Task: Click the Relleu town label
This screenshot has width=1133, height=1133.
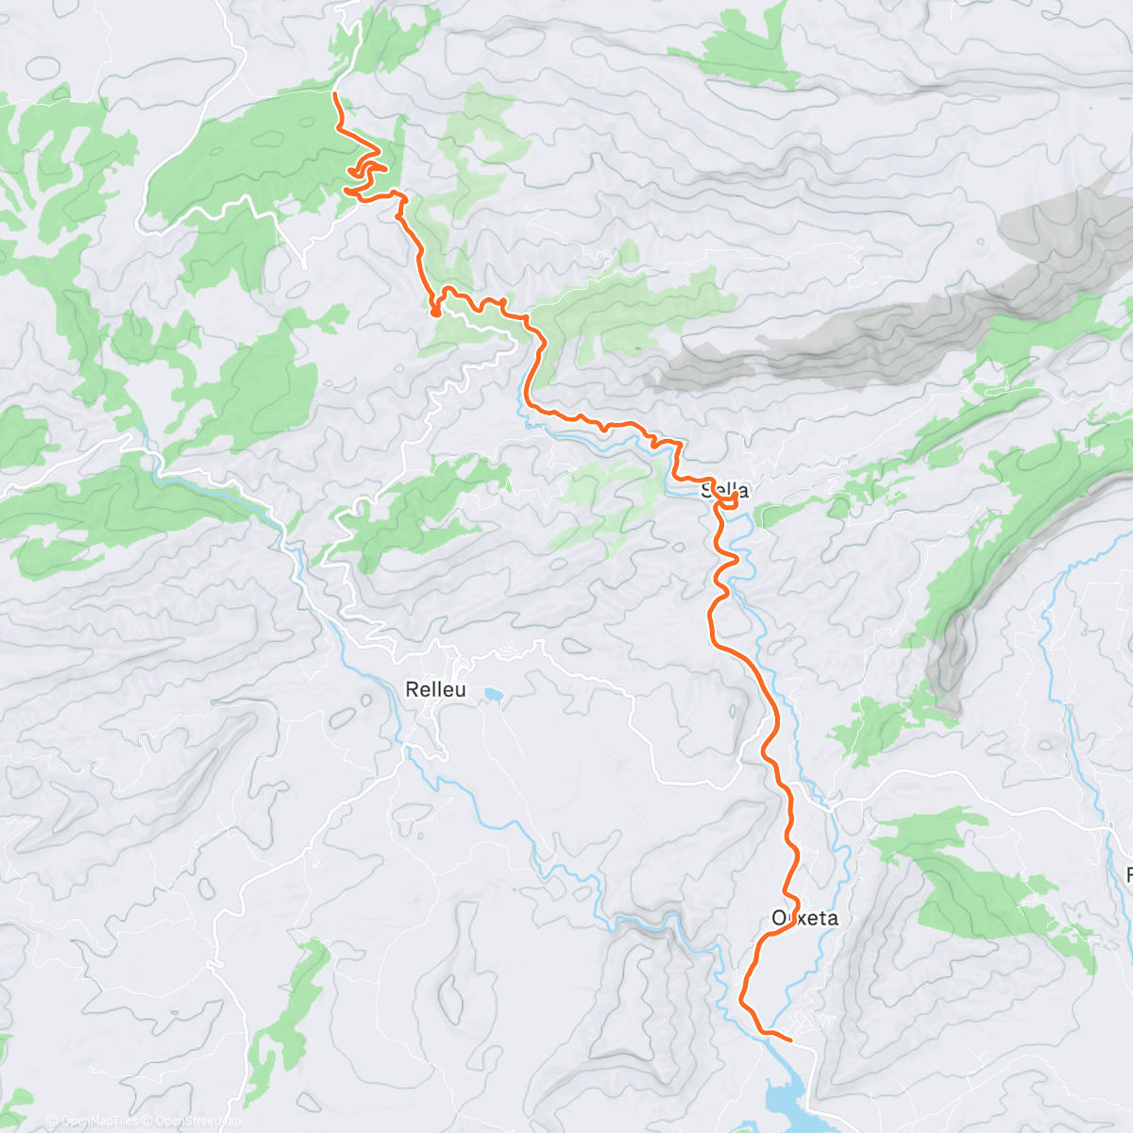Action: click(x=435, y=689)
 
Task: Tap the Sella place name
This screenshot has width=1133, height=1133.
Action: click(x=725, y=490)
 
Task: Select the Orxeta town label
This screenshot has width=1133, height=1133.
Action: click(x=804, y=918)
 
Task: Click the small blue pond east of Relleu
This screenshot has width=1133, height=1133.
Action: click(x=492, y=696)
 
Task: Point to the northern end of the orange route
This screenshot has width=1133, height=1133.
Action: click(x=335, y=94)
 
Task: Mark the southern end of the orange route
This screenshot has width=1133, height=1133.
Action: click(x=788, y=1040)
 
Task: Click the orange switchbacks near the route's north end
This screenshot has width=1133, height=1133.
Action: click(x=365, y=175)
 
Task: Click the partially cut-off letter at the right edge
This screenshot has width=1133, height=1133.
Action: click(x=1129, y=874)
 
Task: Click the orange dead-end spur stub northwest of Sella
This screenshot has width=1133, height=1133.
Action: click(x=435, y=310)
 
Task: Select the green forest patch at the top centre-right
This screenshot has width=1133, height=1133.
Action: click(x=751, y=47)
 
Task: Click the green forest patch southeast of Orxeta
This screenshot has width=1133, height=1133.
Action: click(x=982, y=888)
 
